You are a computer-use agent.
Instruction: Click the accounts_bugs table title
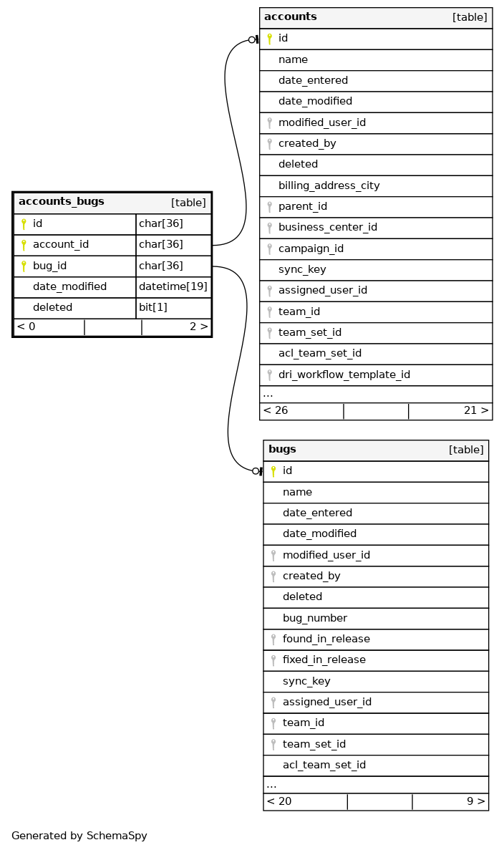tap(62, 202)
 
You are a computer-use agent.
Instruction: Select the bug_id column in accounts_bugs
tap(50, 266)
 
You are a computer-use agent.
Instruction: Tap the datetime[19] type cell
tap(173, 286)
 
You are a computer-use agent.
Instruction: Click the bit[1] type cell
tap(153, 307)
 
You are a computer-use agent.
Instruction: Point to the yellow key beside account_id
tap(24, 245)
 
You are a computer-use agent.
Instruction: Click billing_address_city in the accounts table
tap(329, 185)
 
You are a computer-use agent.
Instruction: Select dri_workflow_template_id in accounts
tap(344, 375)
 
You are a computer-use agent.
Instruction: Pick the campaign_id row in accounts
tap(311, 248)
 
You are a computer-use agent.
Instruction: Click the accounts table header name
tap(291, 17)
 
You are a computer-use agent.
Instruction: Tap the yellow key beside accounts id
tap(269, 39)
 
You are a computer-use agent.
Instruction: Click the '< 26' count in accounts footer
tap(276, 410)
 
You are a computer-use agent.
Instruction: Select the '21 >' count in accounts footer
tap(476, 410)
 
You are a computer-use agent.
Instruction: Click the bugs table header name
tap(282, 450)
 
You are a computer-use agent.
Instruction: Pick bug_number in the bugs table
tap(315, 618)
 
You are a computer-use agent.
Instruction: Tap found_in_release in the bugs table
tap(326, 639)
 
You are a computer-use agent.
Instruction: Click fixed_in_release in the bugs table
tap(324, 660)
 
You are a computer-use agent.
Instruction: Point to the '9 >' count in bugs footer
tap(476, 801)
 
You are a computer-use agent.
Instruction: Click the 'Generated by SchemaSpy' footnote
tap(79, 836)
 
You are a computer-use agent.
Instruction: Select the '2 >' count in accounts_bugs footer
tap(198, 327)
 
